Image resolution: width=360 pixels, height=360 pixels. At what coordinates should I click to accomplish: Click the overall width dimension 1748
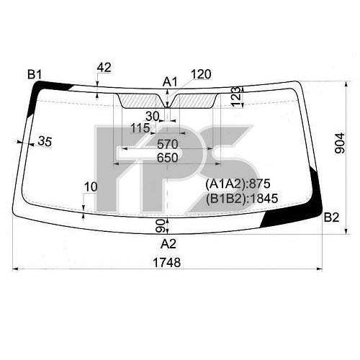coord(167,262)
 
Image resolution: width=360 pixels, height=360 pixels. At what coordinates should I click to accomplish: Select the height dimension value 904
coord(340,143)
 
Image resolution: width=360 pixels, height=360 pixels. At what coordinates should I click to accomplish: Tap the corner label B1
coord(35,74)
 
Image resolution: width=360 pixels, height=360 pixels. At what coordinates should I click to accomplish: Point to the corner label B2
coord(331,217)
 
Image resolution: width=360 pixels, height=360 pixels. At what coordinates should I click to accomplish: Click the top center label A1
coord(170,82)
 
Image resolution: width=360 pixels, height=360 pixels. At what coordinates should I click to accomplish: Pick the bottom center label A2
coord(168,244)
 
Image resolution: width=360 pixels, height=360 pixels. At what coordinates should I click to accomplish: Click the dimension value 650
coord(168,158)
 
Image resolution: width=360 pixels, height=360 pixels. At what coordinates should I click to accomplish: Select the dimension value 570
coord(168,145)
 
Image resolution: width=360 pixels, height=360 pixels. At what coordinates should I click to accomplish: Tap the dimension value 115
coord(140,128)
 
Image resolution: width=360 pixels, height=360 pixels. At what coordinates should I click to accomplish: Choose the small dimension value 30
coord(152,117)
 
